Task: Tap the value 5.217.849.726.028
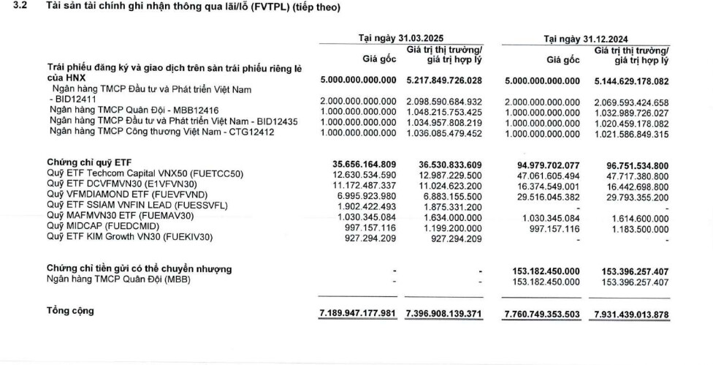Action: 444,80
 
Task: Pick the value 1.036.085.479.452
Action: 444,133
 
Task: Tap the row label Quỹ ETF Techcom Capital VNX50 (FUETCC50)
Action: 145,173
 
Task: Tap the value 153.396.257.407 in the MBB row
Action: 629,282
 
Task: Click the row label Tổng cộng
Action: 71,311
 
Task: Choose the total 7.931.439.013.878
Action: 629,313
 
